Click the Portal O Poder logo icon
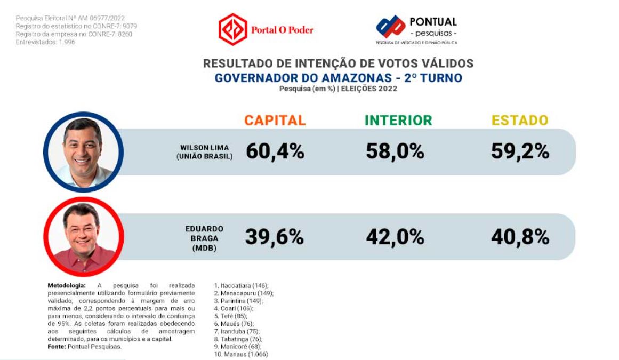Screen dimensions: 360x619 point(233,29)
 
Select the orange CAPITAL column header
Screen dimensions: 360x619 point(275,120)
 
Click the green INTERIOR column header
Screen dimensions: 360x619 point(398,120)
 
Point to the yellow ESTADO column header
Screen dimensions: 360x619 point(520,120)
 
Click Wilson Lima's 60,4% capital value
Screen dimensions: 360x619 point(275,151)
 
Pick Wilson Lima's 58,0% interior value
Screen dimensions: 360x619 point(395,151)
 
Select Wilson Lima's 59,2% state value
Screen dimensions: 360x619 point(520,151)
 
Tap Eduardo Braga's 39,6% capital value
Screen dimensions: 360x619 point(275,237)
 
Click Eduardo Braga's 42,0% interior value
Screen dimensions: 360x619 point(395,237)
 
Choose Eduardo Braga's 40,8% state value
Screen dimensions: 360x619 point(520,237)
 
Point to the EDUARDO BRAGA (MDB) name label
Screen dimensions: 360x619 point(204,238)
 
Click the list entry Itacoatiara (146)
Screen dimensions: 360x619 point(242,286)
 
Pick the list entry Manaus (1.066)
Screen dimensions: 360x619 point(241,354)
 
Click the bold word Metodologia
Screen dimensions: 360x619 point(66,286)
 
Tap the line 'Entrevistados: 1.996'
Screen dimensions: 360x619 point(45,42)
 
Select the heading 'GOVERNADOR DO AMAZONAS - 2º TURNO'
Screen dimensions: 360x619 point(338,78)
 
